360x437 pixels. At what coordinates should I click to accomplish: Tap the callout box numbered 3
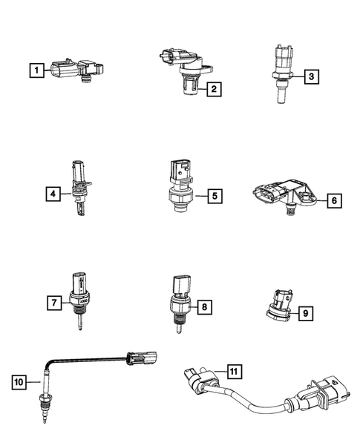coord(311,76)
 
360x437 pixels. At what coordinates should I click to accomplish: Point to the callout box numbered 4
coord(51,194)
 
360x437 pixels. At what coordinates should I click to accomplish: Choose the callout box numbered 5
coord(212,197)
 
